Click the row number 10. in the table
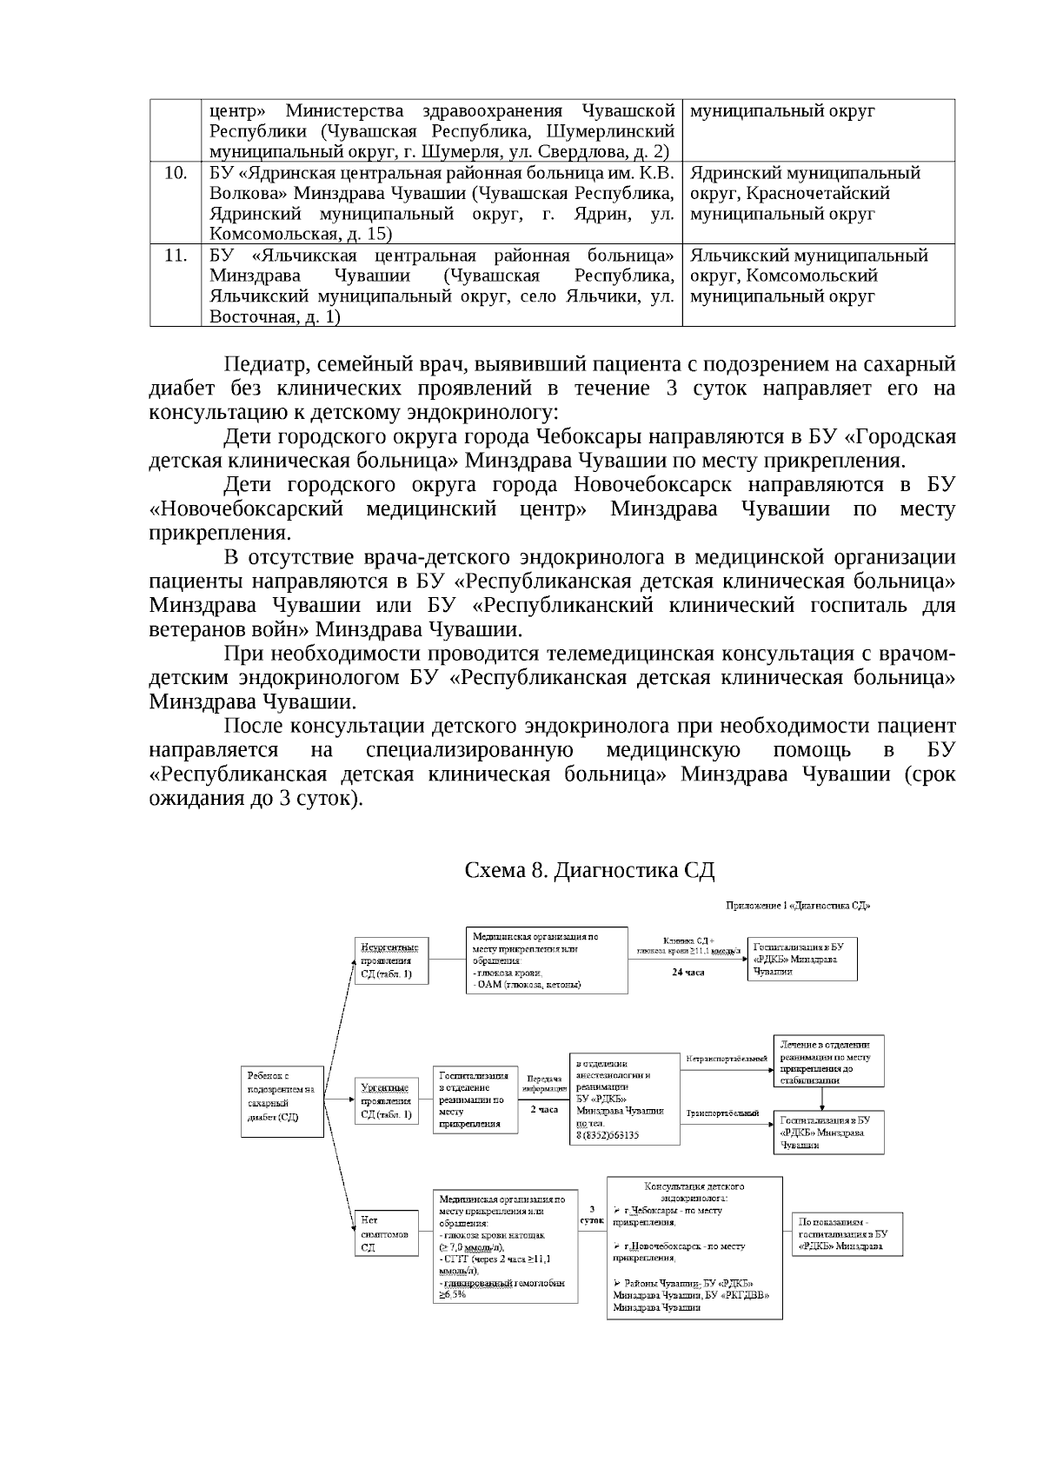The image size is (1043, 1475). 176,173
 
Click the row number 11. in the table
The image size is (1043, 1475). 176,256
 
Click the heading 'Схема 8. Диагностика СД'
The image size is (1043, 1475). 589,870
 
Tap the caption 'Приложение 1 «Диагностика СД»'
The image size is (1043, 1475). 798,906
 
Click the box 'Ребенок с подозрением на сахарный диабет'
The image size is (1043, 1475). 281,1101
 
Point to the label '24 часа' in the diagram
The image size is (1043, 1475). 688,972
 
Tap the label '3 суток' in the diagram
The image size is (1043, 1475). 592,1214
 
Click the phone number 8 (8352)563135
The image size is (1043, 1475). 607,1135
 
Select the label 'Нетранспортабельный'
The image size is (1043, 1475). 727,1058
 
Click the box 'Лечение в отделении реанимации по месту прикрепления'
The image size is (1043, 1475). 828,1061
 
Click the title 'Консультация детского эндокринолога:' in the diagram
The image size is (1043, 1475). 694,1192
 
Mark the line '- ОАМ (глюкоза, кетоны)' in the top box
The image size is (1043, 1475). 527,985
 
